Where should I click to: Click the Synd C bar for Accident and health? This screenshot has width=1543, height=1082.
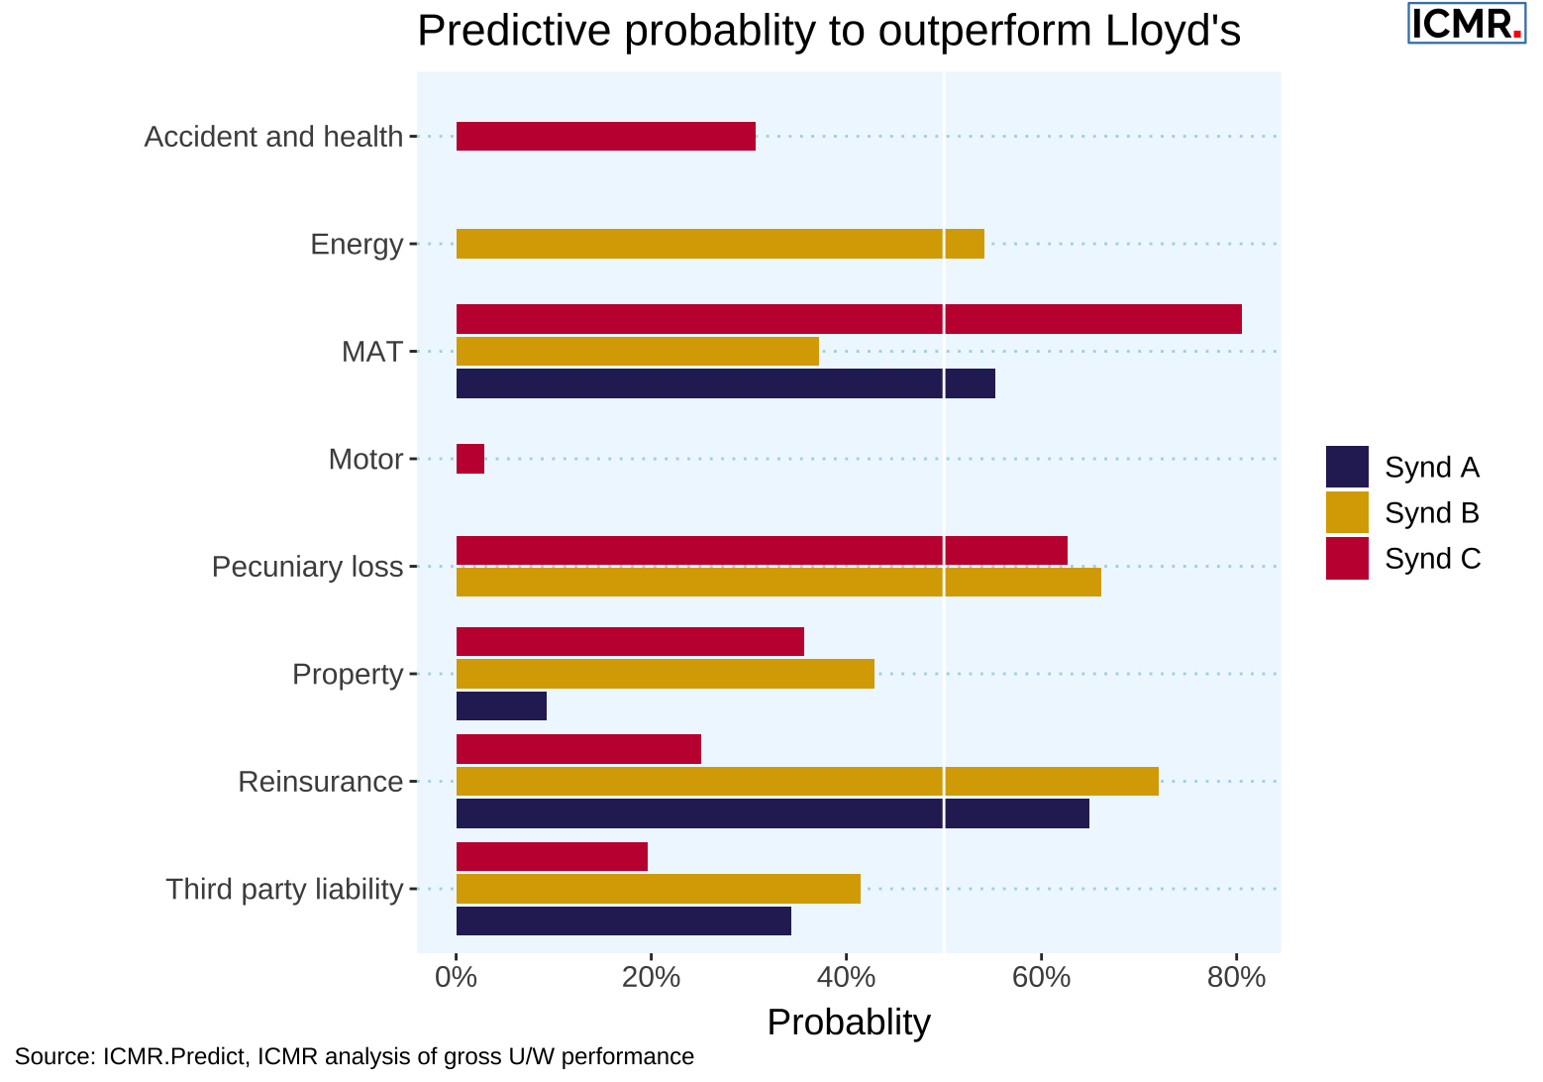[605, 137]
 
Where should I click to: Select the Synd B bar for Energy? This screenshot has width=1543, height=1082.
[720, 244]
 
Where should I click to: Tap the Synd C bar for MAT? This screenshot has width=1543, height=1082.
[849, 319]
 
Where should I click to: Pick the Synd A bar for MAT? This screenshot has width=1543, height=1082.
[725, 383]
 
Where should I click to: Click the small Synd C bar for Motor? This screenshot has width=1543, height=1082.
[470, 459]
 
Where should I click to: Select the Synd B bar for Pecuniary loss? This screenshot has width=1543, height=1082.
[778, 583]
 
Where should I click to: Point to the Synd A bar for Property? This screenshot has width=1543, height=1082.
[501, 706]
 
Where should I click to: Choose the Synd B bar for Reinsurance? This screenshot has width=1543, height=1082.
[807, 782]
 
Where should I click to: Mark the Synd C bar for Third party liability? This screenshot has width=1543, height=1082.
[552, 856]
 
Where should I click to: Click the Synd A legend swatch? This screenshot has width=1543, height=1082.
[1347, 467]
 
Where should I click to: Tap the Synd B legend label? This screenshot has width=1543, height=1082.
[1431, 513]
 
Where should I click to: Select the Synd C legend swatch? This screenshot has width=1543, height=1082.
[1347, 559]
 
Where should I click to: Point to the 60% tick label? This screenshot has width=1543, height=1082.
[1041, 978]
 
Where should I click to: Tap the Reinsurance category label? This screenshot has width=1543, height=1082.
[320, 782]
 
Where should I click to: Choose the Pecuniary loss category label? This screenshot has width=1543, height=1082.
[307, 567]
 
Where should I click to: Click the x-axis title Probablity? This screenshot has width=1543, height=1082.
[849, 1023]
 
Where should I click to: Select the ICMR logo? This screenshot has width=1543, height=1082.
[1466, 24]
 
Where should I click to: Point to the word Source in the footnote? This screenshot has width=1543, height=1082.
[53, 1056]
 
